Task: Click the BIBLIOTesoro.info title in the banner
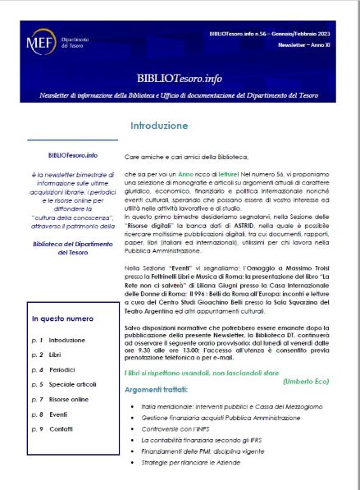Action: click(179, 76)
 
